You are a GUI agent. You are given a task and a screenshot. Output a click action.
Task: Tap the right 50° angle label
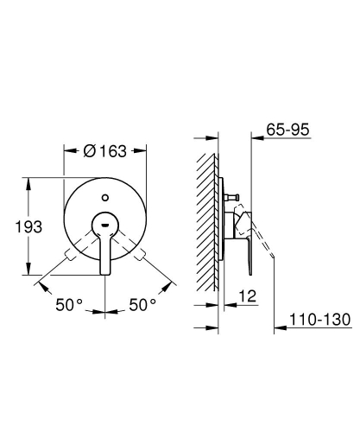point(142,305)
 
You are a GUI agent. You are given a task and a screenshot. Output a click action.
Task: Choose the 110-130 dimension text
point(319,320)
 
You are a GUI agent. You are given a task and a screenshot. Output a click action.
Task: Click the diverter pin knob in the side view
point(232,198)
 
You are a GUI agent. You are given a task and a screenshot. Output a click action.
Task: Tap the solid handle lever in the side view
point(243,238)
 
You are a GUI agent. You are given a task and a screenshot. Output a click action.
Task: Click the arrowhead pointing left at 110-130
point(278,329)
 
